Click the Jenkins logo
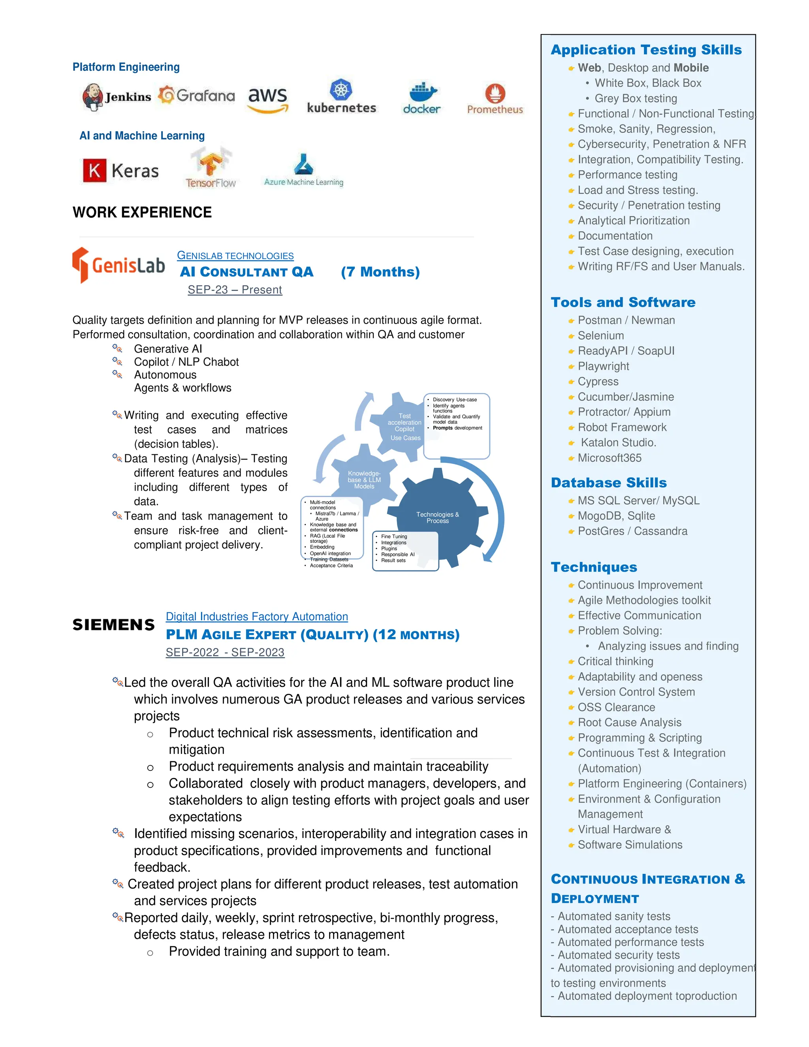point(117,96)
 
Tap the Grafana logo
point(196,95)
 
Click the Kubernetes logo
point(341,97)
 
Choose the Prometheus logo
point(495,99)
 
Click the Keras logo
point(121,171)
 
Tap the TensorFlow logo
point(211,168)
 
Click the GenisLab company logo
point(119,265)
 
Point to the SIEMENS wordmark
point(114,625)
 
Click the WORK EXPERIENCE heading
point(142,213)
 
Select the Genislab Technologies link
point(235,256)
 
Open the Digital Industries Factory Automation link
point(257,616)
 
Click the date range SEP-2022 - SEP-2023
point(225,652)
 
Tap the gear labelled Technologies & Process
point(437,517)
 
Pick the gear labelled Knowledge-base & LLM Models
point(364,479)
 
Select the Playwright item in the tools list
point(604,366)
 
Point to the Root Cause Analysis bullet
point(629,723)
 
